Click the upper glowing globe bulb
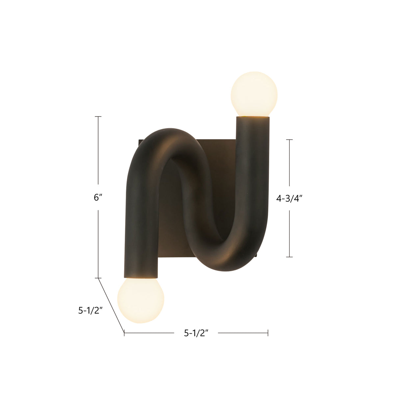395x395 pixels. [x=254, y=94]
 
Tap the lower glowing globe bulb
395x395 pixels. [x=141, y=301]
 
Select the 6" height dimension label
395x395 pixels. [x=98, y=197]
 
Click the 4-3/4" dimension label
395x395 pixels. [x=289, y=198]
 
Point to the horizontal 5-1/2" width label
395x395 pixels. [x=196, y=333]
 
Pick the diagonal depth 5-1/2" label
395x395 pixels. [x=90, y=310]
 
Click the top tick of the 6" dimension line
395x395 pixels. [x=98, y=117]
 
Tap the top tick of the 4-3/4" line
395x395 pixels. [x=289, y=140]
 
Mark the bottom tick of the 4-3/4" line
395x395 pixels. [x=289, y=257]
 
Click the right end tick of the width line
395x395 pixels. [x=268, y=333]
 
